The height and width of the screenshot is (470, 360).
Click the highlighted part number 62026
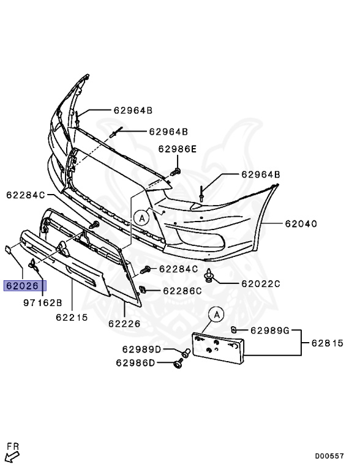(24, 285)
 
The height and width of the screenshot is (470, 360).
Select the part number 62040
(300, 224)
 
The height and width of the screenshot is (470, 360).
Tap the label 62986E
(178, 149)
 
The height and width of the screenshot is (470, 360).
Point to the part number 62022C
(260, 283)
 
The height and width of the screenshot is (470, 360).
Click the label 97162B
(43, 303)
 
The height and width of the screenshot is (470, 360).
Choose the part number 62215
(72, 317)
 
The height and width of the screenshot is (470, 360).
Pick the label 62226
(124, 323)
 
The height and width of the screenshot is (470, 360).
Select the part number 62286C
(181, 291)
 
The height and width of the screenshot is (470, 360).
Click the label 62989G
(269, 331)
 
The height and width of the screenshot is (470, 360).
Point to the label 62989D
(141, 349)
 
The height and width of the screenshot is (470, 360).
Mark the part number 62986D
(135, 363)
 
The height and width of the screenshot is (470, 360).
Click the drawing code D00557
(330, 456)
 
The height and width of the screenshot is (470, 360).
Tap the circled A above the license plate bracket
(216, 315)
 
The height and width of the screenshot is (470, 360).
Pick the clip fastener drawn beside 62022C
(211, 276)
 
